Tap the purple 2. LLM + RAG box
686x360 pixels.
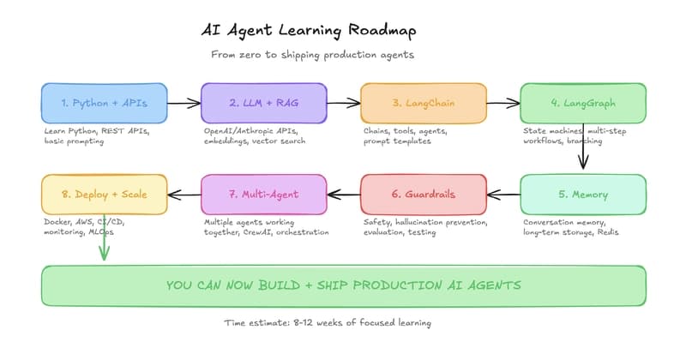[263, 103]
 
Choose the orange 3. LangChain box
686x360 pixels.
[423, 103]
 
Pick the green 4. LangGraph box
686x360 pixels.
[583, 103]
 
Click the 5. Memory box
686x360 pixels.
[583, 194]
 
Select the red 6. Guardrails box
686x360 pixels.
[423, 194]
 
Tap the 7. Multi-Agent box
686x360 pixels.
[263, 194]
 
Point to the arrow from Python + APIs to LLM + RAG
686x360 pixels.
[184, 103]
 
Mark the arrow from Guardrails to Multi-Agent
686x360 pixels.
[343, 194]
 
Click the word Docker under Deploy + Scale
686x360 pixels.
[58, 222]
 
